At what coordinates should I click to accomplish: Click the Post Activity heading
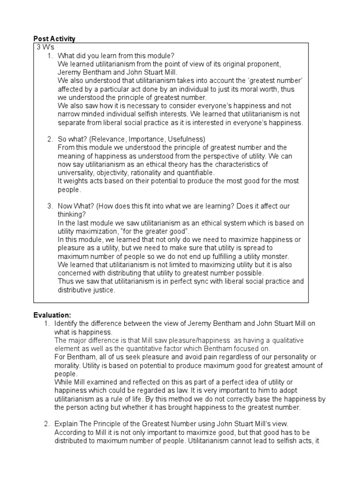pos(54,38)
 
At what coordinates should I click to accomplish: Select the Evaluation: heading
pos(52,315)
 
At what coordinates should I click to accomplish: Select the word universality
pos(75,173)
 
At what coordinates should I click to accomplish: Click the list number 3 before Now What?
pos(49,206)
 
